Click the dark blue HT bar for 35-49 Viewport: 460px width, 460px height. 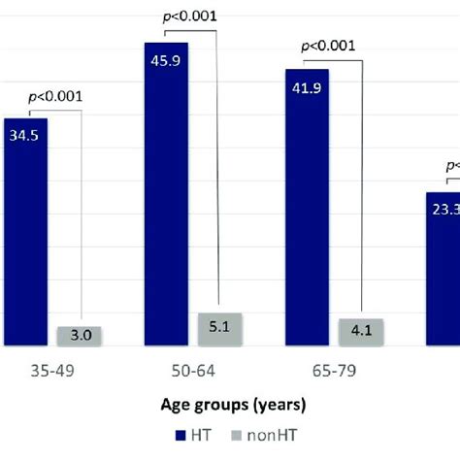click(25, 233)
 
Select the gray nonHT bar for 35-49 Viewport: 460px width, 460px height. click(81, 336)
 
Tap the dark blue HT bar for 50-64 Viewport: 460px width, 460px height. click(166, 194)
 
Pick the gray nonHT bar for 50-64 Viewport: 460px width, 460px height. click(221, 329)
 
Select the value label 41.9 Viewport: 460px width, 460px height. click(307, 86)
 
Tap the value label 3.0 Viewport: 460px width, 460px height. click(81, 336)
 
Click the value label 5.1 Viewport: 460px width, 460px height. click(221, 328)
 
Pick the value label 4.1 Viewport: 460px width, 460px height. click(362, 331)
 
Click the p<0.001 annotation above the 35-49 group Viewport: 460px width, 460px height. click(53, 96)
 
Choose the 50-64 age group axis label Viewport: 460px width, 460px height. click(193, 370)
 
